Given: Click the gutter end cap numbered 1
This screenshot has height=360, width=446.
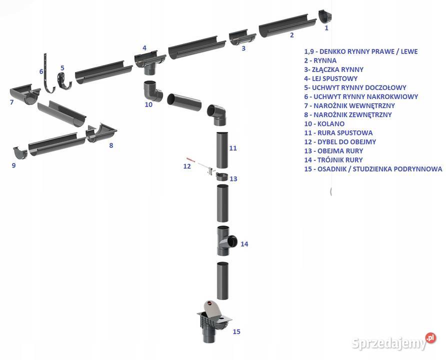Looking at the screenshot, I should (324, 16).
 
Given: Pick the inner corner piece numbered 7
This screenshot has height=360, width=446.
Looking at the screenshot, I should (24, 94).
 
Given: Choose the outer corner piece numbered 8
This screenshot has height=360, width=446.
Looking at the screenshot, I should (101, 132).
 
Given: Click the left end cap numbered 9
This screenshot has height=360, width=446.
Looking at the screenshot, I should (20, 151).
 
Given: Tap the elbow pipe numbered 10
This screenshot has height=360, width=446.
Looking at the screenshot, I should (152, 90).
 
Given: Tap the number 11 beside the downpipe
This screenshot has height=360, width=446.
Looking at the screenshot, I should (233, 148).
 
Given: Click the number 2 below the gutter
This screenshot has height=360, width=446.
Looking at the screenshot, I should (291, 35).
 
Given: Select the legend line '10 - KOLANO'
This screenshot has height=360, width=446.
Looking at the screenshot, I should (324, 123).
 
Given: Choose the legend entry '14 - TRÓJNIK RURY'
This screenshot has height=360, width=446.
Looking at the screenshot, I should (333, 160).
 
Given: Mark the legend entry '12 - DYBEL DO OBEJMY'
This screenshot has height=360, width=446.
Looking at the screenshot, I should (340, 142).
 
